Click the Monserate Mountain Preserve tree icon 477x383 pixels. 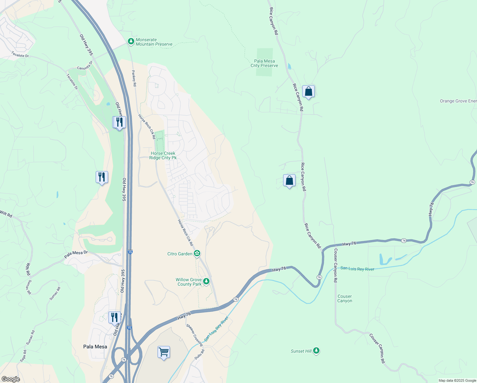click(x=131, y=41)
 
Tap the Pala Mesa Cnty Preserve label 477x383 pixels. click(x=264, y=63)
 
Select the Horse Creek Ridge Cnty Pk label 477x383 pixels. click(x=163, y=155)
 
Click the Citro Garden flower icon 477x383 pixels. click(x=197, y=253)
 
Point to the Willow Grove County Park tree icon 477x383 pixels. click(x=206, y=281)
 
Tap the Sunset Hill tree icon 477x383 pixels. click(x=316, y=351)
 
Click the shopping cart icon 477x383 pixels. click(x=164, y=352)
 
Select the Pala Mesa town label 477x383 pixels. click(x=95, y=347)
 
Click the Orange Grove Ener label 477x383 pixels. click(x=458, y=101)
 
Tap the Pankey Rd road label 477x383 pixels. click(x=134, y=78)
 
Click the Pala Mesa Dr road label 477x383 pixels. click(x=76, y=254)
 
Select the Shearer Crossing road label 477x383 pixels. click(x=194, y=335)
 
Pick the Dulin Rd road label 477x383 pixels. click(x=200, y=354)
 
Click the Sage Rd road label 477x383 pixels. click(x=23, y=356)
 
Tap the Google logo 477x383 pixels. click(x=11, y=379)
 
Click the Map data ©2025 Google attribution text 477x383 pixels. click(x=457, y=380)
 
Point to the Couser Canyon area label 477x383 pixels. click(x=345, y=298)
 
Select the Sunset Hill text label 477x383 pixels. click(x=301, y=351)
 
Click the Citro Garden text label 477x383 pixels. click(x=180, y=254)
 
